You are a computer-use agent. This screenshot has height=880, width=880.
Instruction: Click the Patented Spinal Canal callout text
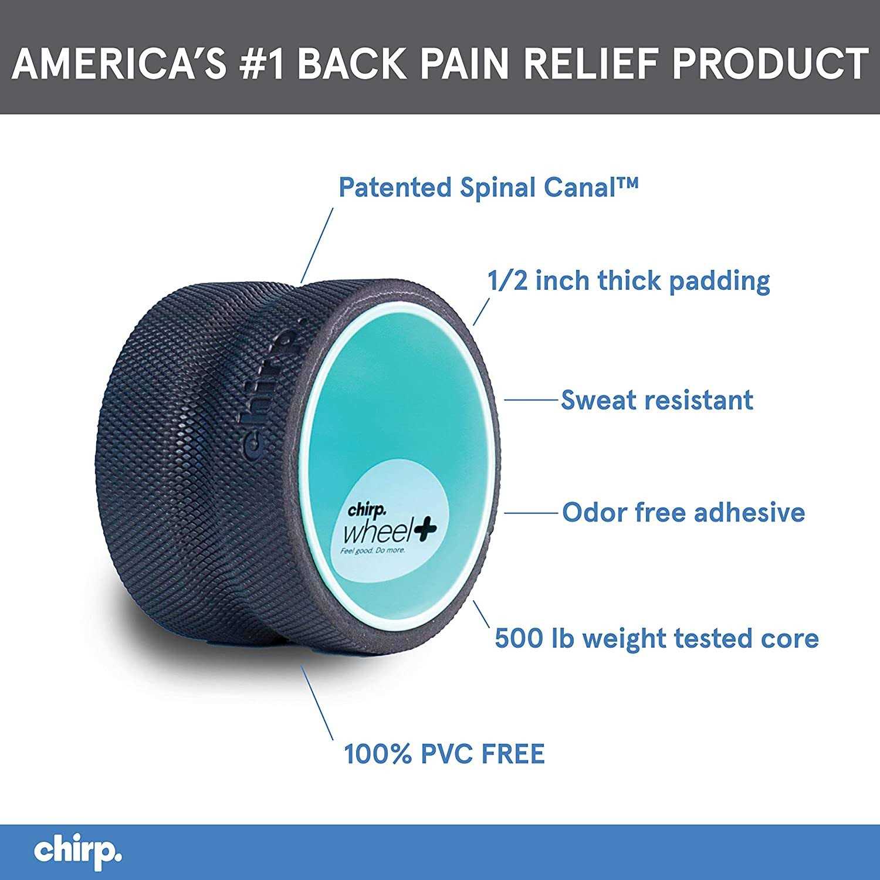pos(488,188)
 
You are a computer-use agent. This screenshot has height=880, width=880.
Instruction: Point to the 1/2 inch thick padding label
pos(628,280)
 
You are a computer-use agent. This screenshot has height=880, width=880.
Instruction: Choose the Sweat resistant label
pos(657,400)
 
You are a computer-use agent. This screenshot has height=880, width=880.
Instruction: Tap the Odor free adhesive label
pos(683,512)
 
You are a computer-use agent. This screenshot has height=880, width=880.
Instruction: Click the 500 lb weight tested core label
pos(656,638)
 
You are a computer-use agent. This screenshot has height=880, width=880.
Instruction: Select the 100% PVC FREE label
pos(444,754)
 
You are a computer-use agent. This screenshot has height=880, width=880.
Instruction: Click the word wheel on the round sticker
pos(377,533)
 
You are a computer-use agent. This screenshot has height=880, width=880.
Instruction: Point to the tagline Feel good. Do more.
pos(373,551)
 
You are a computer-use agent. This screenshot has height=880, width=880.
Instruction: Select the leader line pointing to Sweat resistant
pos(530,400)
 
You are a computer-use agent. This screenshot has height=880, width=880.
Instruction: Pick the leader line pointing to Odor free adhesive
pos(530,512)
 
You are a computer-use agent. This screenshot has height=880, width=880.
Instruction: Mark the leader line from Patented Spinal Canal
pos(317,246)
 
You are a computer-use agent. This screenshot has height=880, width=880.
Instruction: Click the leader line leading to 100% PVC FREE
pos(317,703)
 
